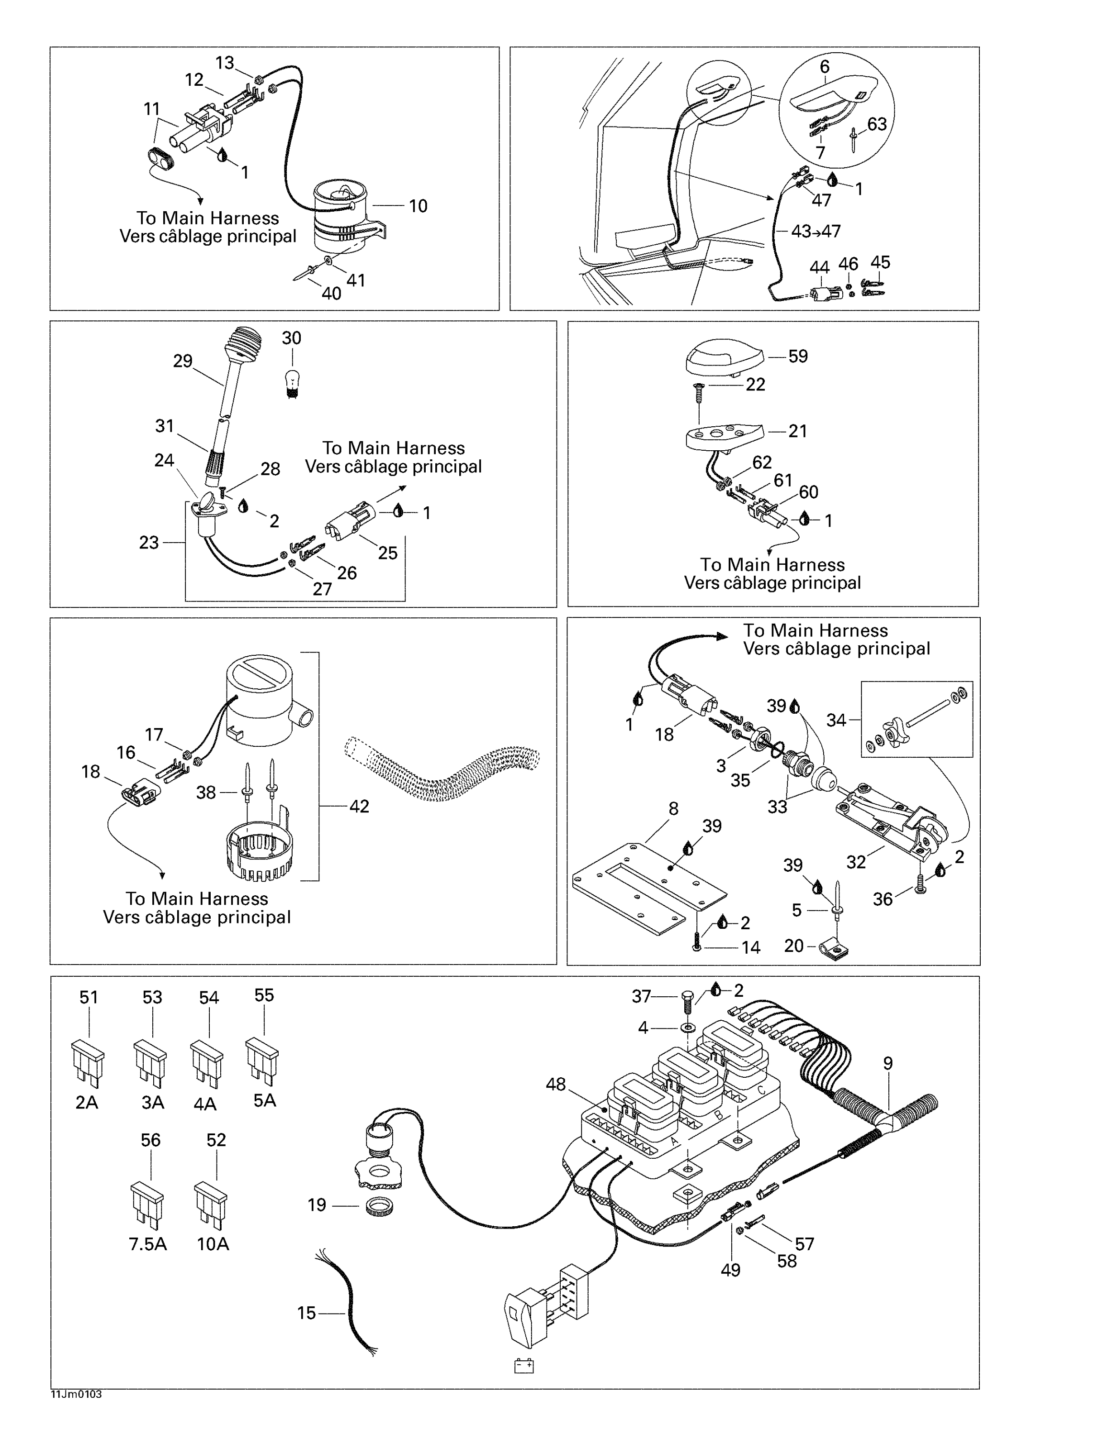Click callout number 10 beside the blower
pyautogui.click(x=418, y=206)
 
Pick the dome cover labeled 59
pyautogui.click(x=724, y=359)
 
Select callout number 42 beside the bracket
pyautogui.click(x=359, y=806)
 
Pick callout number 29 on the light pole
pyautogui.click(x=183, y=361)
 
